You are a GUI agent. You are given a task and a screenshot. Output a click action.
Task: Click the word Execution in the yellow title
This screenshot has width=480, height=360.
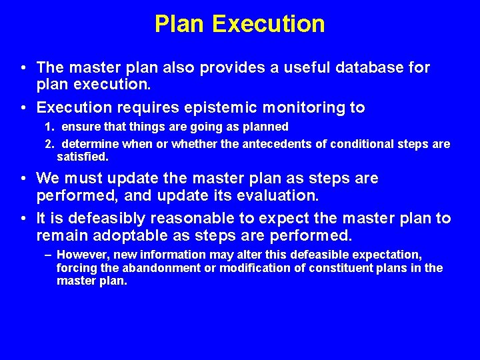click(269, 24)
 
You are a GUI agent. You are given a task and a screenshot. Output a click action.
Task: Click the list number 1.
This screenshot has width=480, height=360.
click(49, 127)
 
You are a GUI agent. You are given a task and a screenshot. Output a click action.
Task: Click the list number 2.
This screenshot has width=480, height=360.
click(49, 144)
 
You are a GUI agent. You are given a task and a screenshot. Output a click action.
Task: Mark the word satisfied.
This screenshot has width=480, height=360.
click(82, 157)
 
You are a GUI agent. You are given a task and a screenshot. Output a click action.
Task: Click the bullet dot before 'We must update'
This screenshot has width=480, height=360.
click(23, 179)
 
